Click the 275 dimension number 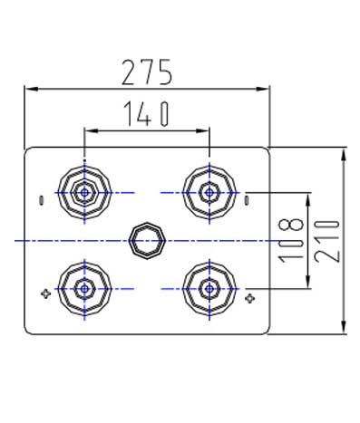[147, 72]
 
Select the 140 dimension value [147, 113]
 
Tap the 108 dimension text [291, 240]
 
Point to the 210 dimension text [326, 241]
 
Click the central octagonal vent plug [147, 241]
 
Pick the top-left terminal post [84, 192]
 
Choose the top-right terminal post [209, 192]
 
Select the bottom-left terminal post [84, 289]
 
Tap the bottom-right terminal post [209, 289]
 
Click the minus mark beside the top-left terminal [42, 201]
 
